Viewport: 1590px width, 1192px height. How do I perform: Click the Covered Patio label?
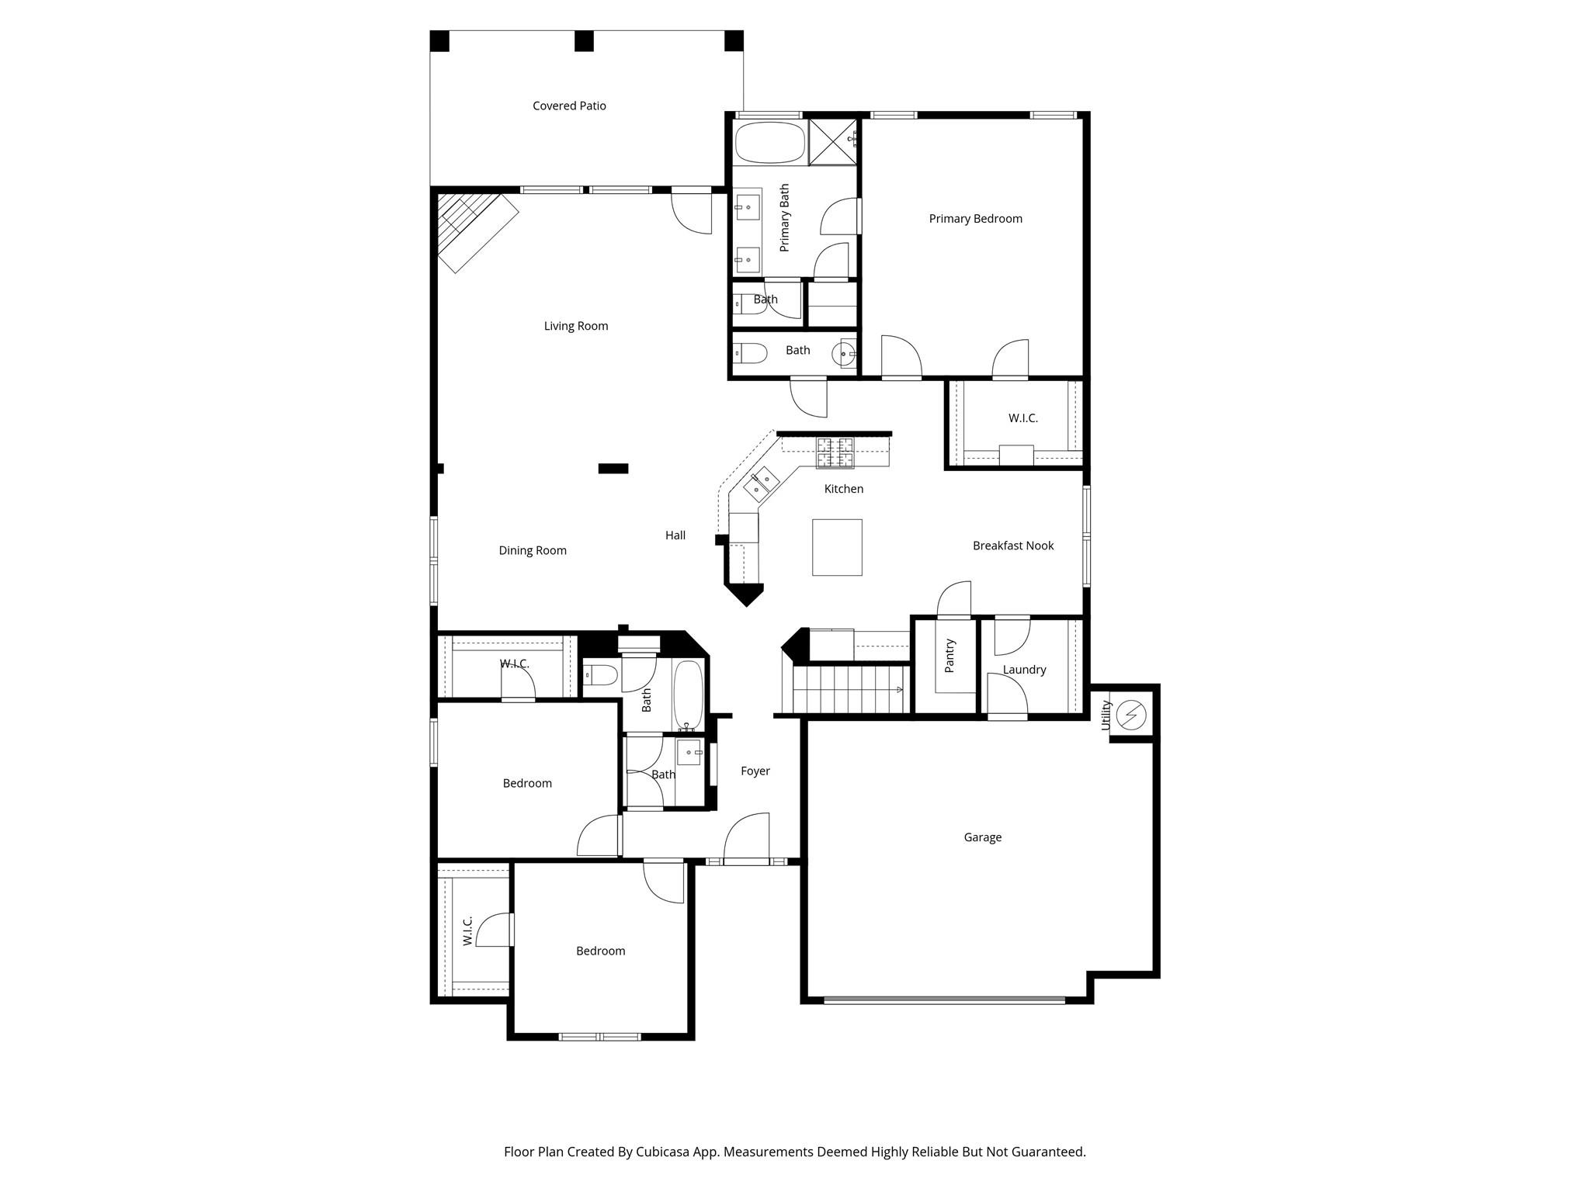[569, 106]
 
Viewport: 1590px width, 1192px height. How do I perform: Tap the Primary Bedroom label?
[975, 219]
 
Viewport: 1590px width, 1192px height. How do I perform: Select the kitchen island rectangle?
[837, 547]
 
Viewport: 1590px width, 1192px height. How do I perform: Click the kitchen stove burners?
[835, 453]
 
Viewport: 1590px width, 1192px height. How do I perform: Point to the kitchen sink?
[761, 485]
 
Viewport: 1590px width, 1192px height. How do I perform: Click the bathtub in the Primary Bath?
[769, 142]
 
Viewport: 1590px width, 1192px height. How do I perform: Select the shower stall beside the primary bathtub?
[832, 142]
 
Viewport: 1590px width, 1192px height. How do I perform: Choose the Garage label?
[982, 837]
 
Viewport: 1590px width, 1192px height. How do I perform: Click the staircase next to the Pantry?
[850, 689]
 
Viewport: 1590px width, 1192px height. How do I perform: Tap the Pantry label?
[949, 656]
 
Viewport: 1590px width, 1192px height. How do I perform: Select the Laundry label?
[1024, 670]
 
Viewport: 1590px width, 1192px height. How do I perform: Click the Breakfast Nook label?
[1013, 546]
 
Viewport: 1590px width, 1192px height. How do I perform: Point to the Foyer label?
[755, 771]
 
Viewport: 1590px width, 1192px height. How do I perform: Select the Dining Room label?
[533, 550]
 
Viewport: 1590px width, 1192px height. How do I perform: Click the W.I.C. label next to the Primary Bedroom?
[1022, 418]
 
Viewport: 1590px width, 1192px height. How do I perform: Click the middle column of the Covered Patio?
[584, 41]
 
